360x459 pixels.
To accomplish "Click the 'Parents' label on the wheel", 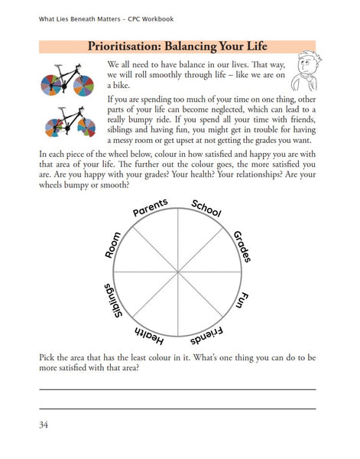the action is [151, 207].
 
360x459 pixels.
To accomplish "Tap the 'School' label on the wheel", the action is [206, 208].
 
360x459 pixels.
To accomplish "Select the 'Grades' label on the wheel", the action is [242, 246].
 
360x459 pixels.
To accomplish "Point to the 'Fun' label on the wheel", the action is [242, 300].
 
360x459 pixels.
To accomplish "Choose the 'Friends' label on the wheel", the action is [207, 336].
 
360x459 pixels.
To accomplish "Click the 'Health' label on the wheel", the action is [149, 336].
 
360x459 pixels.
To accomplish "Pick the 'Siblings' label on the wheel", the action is [113, 301].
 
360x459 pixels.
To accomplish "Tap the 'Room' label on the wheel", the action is [113, 245].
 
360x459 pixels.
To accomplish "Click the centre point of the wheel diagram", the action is [177, 272].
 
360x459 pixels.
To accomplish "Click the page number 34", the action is [44, 425].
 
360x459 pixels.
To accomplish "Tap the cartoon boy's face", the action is [304, 65].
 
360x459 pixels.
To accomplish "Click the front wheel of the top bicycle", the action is [83, 86].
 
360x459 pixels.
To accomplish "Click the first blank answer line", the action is [177, 389].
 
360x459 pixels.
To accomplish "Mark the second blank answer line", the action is [177, 409].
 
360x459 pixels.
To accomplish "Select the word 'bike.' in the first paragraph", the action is [118, 85].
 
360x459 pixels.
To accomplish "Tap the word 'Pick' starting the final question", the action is [47, 357].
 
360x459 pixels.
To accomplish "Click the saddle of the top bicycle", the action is [58, 65].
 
